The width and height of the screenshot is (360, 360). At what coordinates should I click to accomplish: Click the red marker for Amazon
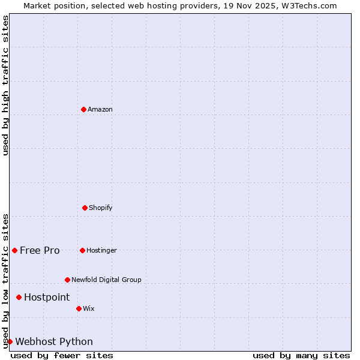coord(83,109)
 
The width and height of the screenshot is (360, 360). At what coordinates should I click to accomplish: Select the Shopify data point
coord(85,208)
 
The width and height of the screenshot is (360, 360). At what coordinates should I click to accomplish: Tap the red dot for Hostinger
coord(82,250)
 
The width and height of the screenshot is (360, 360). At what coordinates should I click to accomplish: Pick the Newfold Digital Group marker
coord(67,280)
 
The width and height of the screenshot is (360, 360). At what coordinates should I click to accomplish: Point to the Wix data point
coord(79,308)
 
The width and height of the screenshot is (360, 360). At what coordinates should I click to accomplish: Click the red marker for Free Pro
coord(14,250)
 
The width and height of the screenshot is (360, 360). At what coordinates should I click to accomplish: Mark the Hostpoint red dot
coord(19,297)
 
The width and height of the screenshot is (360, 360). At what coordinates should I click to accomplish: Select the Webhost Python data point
coord(10,341)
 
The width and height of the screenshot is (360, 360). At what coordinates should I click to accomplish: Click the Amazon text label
coord(100,109)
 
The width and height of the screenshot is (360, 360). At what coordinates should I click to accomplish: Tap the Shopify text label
coord(101,208)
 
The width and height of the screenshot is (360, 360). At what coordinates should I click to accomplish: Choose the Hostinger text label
coord(101,250)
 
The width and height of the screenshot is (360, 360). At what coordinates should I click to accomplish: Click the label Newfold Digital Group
coord(106,280)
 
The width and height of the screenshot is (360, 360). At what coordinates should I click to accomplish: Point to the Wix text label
coord(89,308)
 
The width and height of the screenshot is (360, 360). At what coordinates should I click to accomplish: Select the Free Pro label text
coord(40,250)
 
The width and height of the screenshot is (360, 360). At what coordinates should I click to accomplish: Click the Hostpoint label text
coord(47,297)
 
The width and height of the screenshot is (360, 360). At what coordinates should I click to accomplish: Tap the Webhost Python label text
coord(54,341)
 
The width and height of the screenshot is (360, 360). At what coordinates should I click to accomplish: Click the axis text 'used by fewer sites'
coord(62,355)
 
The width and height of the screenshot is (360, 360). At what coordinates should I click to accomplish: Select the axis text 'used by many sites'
coord(301,355)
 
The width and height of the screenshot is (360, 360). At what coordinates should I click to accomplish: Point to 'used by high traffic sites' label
coord(5,85)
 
